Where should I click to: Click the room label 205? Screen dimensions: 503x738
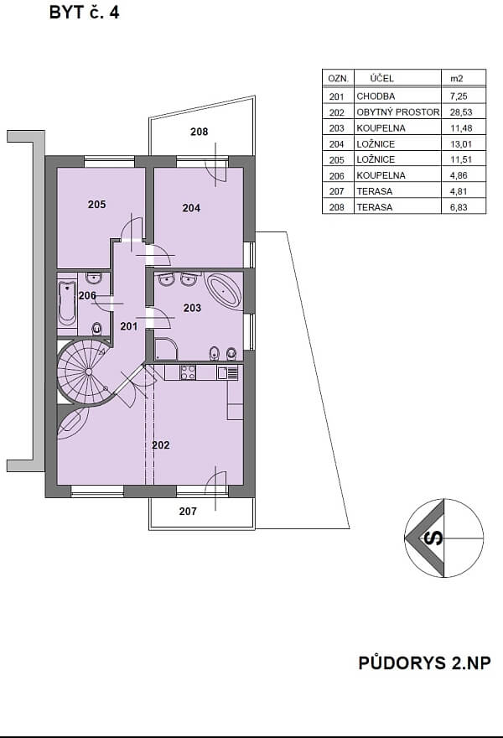point(97,205)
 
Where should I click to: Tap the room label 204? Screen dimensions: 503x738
point(191,208)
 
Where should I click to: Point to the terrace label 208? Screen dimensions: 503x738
point(199,132)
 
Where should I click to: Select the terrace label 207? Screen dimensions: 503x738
point(188,511)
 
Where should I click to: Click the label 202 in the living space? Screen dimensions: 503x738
point(161,444)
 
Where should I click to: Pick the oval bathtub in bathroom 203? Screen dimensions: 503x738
point(225,291)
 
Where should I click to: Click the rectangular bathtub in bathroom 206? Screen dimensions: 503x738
point(67,304)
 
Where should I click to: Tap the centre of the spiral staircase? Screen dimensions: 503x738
point(89,372)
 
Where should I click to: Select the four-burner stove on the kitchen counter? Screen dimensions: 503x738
point(189,372)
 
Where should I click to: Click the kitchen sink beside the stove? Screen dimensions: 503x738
point(227,372)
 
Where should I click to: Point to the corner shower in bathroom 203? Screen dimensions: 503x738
point(166,349)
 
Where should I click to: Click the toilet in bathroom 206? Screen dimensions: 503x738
point(97,328)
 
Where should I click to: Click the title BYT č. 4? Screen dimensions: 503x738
point(84,13)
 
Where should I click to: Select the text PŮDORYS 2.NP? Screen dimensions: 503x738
point(424,663)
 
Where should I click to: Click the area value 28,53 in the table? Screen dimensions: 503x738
point(461,112)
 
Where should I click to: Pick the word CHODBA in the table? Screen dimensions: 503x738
point(376,96)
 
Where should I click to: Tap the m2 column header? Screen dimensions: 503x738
point(456,79)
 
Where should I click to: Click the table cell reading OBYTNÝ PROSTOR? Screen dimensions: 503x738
point(398,112)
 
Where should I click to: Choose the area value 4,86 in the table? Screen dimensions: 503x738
point(459,175)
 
